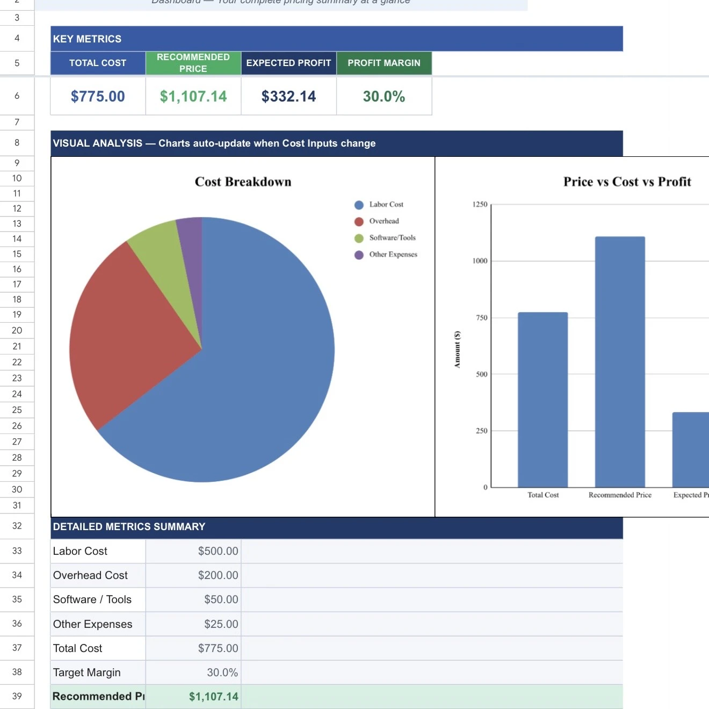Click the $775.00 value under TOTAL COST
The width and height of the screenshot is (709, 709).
pyautogui.click(x=98, y=96)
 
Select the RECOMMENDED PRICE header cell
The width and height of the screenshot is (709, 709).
pyautogui.click(x=193, y=63)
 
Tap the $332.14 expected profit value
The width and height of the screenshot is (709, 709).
pyautogui.click(x=288, y=96)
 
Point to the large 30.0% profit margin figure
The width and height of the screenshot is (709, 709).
pyautogui.click(x=384, y=96)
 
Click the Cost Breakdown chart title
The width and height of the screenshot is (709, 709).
pyautogui.click(x=243, y=182)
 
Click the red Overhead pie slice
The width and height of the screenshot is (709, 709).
pyautogui.click(x=124, y=333)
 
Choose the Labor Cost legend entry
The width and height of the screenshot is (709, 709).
pyautogui.click(x=386, y=205)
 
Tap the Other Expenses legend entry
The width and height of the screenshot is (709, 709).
pyautogui.click(x=393, y=255)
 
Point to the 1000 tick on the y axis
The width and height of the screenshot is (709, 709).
pyautogui.click(x=480, y=261)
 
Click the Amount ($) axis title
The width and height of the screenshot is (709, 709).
pyautogui.click(x=458, y=349)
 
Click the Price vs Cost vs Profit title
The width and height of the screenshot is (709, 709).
pyautogui.click(x=627, y=182)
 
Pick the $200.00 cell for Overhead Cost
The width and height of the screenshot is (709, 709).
pyautogui.click(x=218, y=575)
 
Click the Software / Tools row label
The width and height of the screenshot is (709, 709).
pyautogui.click(x=92, y=599)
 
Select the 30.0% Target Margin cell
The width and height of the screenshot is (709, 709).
pyautogui.click(x=222, y=672)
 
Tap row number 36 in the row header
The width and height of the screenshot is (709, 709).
pyautogui.click(x=17, y=624)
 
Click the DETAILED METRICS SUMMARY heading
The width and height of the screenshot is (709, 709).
pyautogui.click(x=129, y=527)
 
